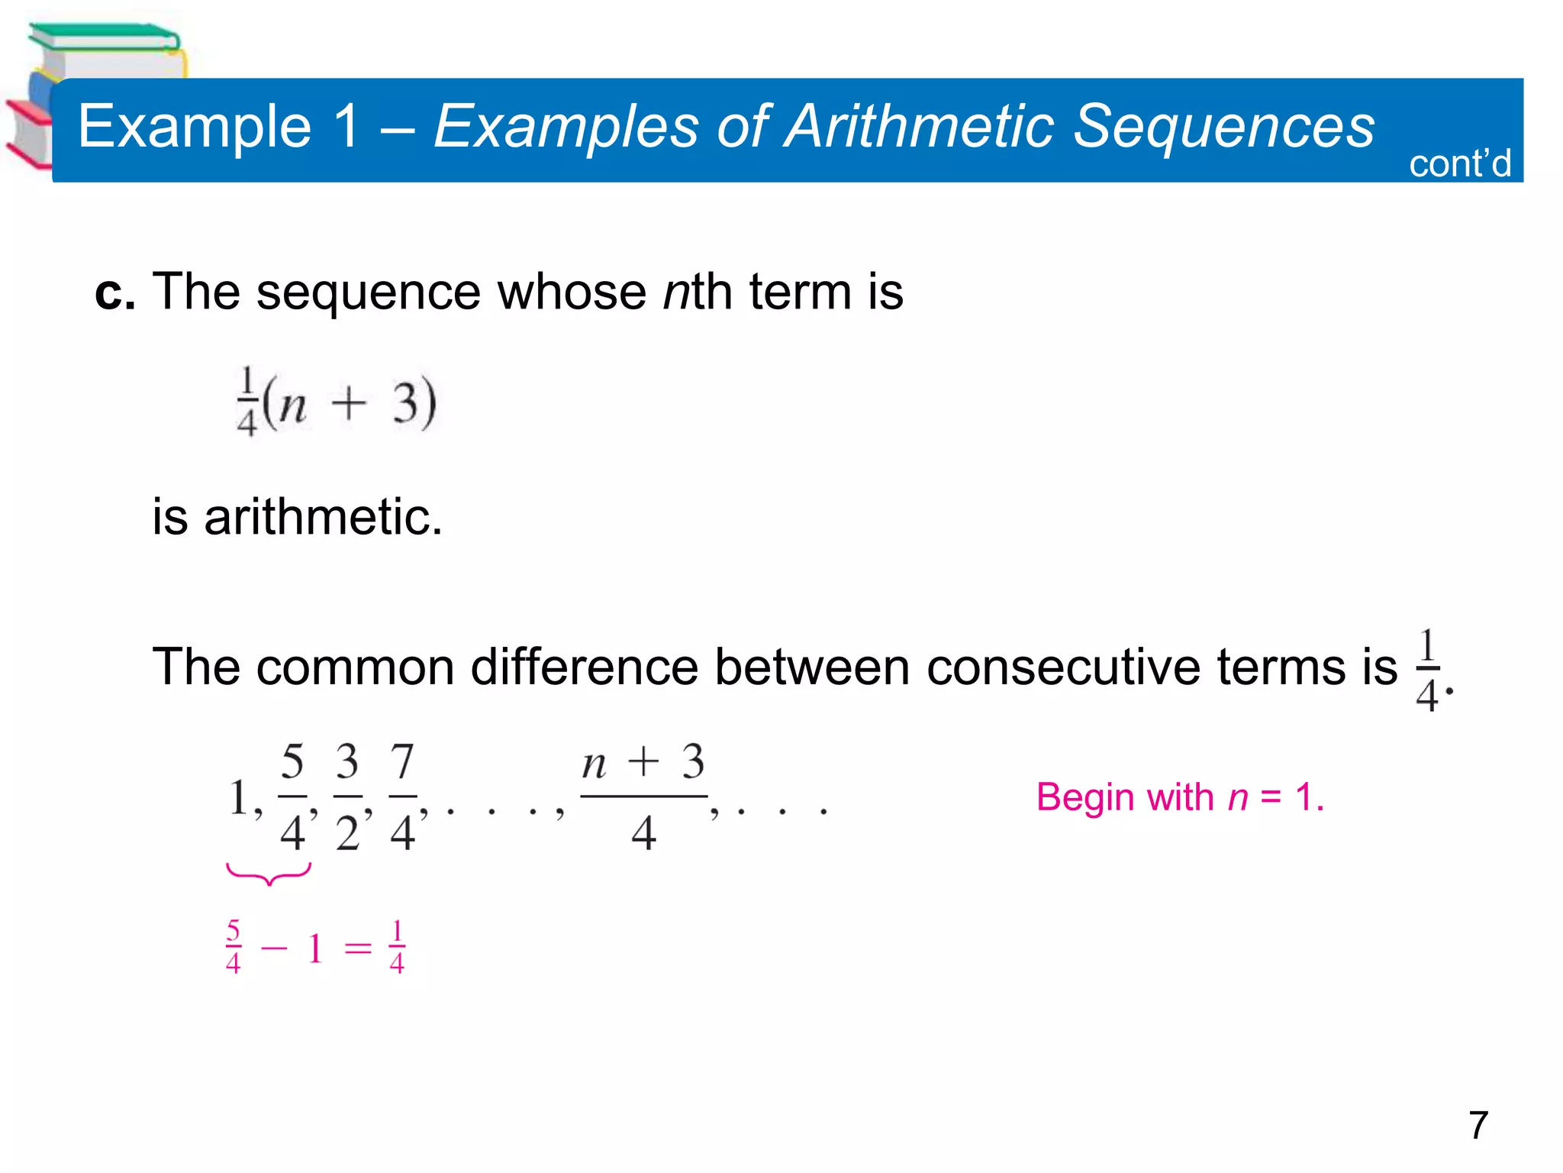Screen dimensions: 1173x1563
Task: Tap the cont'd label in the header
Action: (x=1459, y=163)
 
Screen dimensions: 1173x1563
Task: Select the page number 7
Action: (x=1478, y=1125)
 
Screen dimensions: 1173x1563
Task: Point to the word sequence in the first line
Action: (x=368, y=292)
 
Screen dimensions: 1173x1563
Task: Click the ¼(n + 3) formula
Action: (x=336, y=402)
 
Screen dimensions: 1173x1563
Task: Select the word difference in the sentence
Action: (x=584, y=667)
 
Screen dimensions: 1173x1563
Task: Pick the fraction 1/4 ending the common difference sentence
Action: (x=1427, y=671)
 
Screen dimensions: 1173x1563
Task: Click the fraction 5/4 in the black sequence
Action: (x=292, y=797)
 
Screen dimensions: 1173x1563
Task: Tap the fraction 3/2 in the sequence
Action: (x=347, y=797)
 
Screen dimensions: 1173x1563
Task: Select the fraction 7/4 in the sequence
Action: (x=402, y=797)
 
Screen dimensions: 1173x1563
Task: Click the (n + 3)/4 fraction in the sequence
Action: (x=643, y=797)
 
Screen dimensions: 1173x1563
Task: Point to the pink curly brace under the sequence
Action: (x=269, y=874)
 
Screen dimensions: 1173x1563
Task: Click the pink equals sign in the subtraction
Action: (x=358, y=949)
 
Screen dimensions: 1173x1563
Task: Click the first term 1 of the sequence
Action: (x=239, y=798)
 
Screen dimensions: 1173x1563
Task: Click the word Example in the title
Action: (x=195, y=127)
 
